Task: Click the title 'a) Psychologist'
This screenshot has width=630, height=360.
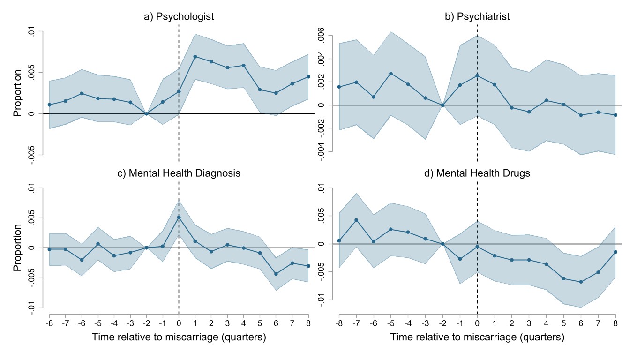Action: tap(179, 17)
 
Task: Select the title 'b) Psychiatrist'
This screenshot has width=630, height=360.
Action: tap(477, 17)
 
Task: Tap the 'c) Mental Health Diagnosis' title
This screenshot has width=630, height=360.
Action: tap(179, 173)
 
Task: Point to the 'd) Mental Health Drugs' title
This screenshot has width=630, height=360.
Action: tap(477, 173)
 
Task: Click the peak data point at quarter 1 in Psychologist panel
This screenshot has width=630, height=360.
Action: tap(195, 56)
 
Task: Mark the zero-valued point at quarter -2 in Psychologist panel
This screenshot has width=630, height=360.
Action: tap(146, 113)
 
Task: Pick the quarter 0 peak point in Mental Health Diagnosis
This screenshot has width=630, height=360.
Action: tap(179, 217)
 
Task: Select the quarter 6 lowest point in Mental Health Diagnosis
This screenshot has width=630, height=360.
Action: tap(276, 274)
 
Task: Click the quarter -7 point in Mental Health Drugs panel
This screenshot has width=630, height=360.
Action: tap(356, 220)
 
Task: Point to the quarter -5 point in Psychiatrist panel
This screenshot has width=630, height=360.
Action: tap(391, 74)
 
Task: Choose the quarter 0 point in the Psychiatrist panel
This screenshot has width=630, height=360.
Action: tap(477, 75)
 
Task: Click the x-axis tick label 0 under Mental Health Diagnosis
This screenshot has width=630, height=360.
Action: tap(179, 323)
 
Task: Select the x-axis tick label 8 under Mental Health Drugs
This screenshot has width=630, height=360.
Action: tap(615, 323)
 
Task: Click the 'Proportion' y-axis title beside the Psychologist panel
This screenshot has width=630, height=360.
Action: tap(17, 93)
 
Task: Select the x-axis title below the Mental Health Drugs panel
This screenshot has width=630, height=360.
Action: tap(477, 337)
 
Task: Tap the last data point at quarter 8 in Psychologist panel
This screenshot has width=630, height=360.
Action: tap(308, 76)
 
